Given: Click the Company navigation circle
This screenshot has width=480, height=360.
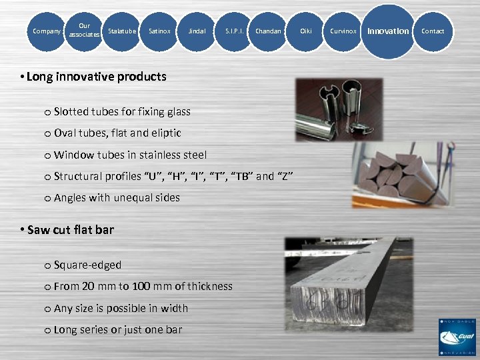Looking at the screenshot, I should (47, 31).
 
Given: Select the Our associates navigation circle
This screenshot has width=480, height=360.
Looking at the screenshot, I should (85, 31).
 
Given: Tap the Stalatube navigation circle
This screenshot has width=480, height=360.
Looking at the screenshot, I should (122, 31).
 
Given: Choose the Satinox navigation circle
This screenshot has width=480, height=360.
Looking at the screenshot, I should (159, 31).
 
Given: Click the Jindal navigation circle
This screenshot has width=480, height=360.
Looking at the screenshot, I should (197, 31).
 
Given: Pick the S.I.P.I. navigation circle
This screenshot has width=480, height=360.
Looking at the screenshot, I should (234, 31).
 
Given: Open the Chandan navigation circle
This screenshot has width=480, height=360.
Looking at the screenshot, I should (269, 31).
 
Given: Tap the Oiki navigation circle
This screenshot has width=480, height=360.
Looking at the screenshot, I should (306, 31).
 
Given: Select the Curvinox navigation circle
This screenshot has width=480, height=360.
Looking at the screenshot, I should (343, 31).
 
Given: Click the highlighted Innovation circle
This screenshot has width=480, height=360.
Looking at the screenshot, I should (389, 31).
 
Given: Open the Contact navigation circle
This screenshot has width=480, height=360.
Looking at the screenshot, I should (433, 31).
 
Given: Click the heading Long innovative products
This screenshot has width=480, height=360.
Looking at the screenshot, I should (93, 77).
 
